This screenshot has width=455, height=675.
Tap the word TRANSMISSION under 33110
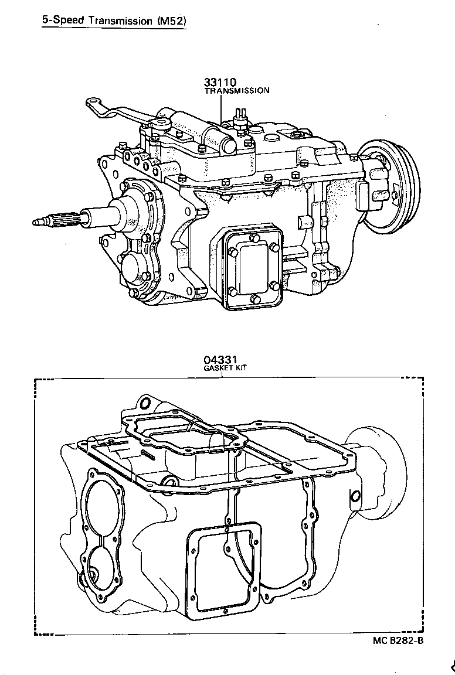(237, 91)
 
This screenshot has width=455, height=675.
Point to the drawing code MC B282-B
(398, 640)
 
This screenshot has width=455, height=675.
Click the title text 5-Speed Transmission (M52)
(114, 21)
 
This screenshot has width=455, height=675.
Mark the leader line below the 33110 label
(221, 108)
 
